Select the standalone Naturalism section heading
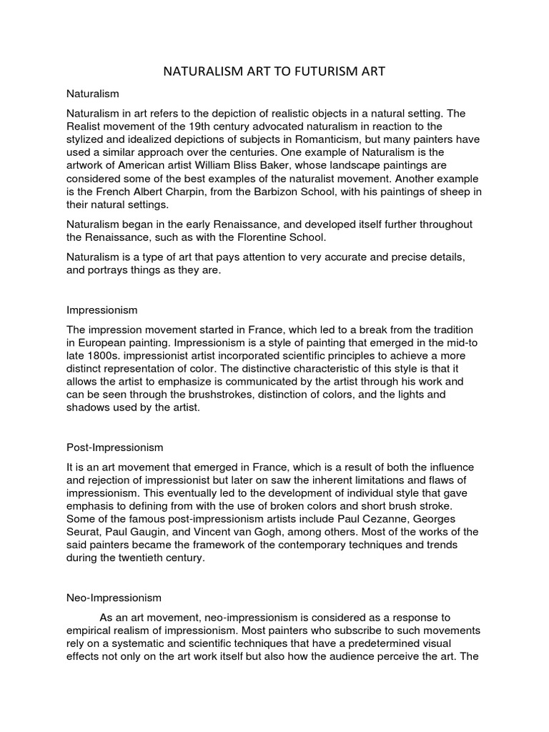tap(92, 94)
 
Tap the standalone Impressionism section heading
tap(102, 310)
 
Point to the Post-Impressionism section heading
tap(114, 447)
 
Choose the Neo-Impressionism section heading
tap(114, 597)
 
